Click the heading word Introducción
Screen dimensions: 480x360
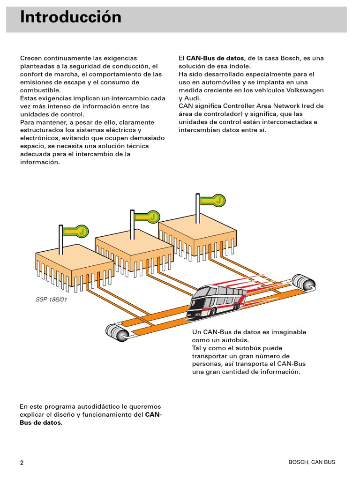coord(71,18)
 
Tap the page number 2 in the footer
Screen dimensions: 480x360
coord(22,463)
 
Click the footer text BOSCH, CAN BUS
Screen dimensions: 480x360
coord(312,462)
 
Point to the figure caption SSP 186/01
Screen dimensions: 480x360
coord(52,300)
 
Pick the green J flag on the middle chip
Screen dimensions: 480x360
coord(147,217)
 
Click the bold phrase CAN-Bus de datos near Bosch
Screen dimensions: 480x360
coord(215,58)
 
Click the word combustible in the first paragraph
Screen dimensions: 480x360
coord(40,90)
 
